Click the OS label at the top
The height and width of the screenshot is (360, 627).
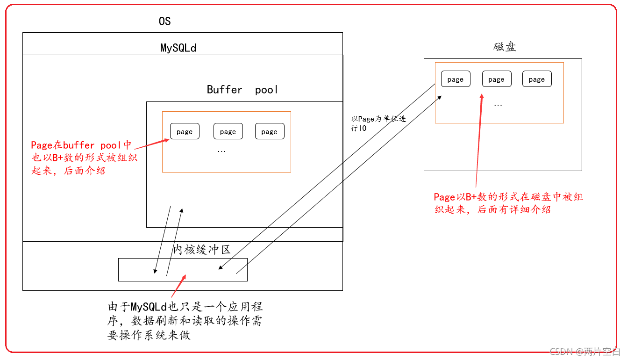pyautogui.click(x=164, y=22)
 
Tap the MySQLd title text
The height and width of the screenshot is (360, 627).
pyautogui.click(x=178, y=48)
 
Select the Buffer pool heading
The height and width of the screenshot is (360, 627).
pyautogui.click(x=242, y=90)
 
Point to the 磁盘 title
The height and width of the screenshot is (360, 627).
pyautogui.click(x=505, y=47)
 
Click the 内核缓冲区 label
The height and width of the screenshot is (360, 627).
pyautogui.click(x=202, y=249)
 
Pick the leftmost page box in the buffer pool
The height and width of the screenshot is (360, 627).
pyautogui.click(x=185, y=132)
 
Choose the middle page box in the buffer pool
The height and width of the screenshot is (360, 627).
pyautogui.click(x=228, y=132)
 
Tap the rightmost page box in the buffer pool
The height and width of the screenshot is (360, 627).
pyautogui.click(x=270, y=132)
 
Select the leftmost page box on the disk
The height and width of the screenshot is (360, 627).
pyautogui.click(x=456, y=79)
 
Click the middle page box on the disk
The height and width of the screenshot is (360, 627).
pyautogui.click(x=496, y=79)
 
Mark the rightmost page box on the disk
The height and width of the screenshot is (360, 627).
pyautogui.click(x=537, y=79)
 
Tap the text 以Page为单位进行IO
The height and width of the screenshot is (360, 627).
pyautogui.click(x=378, y=123)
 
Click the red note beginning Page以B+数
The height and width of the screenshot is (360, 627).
pyautogui.click(x=508, y=203)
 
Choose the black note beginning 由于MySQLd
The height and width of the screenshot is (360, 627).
pyautogui.click(x=185, y=321)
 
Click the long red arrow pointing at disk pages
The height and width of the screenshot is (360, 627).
pyautogui.click(x=479, y=140)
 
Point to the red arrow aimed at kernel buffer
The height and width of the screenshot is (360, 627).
pyautogui.click(x=178, y=286)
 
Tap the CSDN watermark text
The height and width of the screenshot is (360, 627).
pyautogui.click(x=584, y=352)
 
